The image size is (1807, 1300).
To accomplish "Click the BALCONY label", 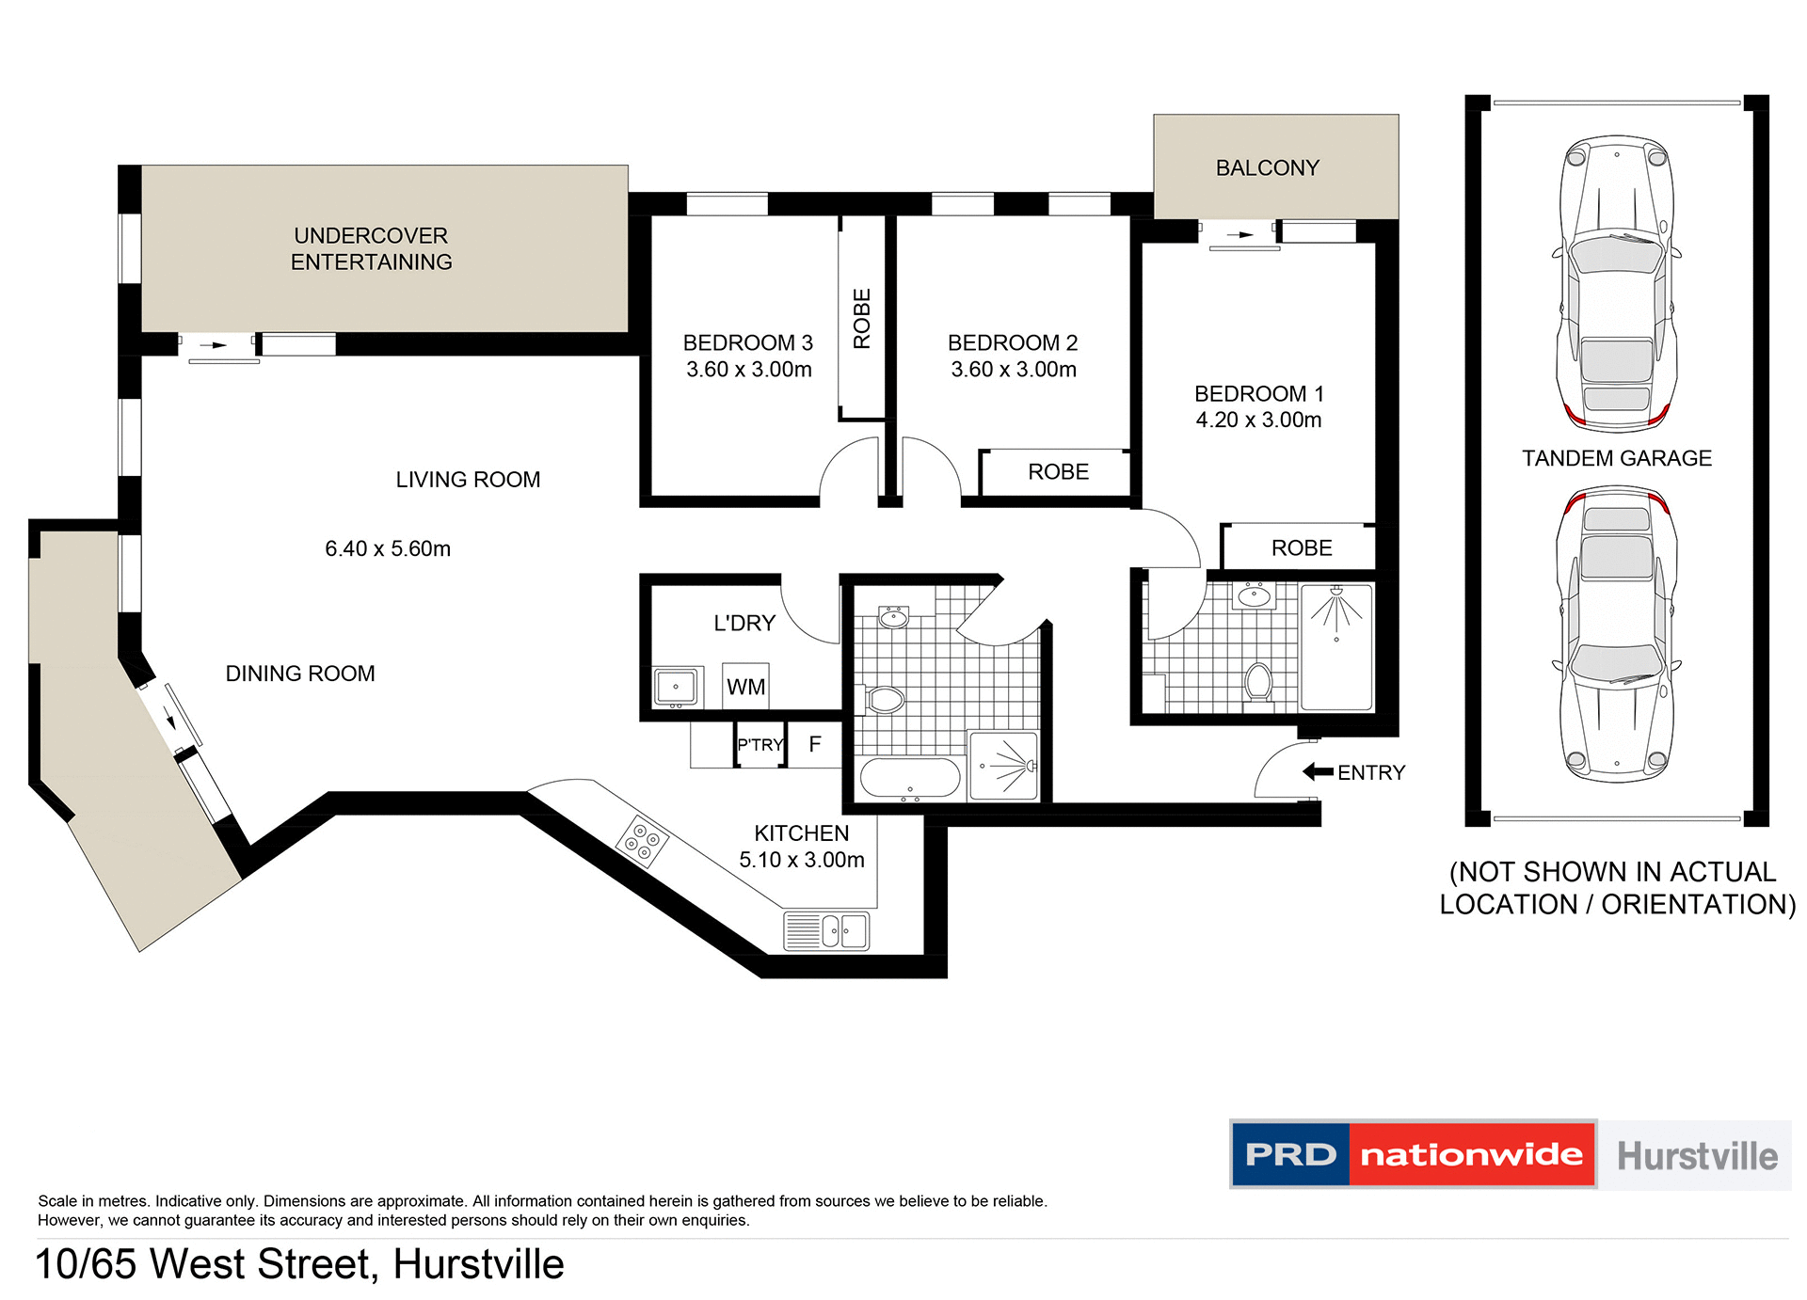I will point(1267,168).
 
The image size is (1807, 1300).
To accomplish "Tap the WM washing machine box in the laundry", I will point(745,687).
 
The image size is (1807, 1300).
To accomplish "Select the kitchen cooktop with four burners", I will point(642,841).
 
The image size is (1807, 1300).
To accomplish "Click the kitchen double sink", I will point(827,931).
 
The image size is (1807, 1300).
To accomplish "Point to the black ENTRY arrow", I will point(1318,772).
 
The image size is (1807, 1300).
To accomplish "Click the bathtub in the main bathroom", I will point(909,778).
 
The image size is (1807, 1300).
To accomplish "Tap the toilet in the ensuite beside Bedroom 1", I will point(1257,680).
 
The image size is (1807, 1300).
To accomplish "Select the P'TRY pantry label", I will point(760,745).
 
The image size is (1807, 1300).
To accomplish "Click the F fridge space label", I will point(815,744).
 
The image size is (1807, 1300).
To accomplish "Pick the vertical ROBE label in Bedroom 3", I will point(862,319).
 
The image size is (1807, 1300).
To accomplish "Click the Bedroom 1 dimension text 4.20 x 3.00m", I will point(1258,420).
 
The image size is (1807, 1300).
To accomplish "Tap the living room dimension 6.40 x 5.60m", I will point(388,548).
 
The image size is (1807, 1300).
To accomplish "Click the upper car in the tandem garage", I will point(1616,282).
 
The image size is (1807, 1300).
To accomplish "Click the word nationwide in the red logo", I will point(1471,1154).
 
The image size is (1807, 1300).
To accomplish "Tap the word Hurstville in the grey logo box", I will point(1697,1156).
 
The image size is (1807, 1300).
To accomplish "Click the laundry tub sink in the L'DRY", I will point(676,687).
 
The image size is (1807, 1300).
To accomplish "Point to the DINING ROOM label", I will point(300,674).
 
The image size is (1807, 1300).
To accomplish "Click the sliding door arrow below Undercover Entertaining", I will point(219,345).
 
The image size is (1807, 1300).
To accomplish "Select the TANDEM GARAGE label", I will point(1616,458).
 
